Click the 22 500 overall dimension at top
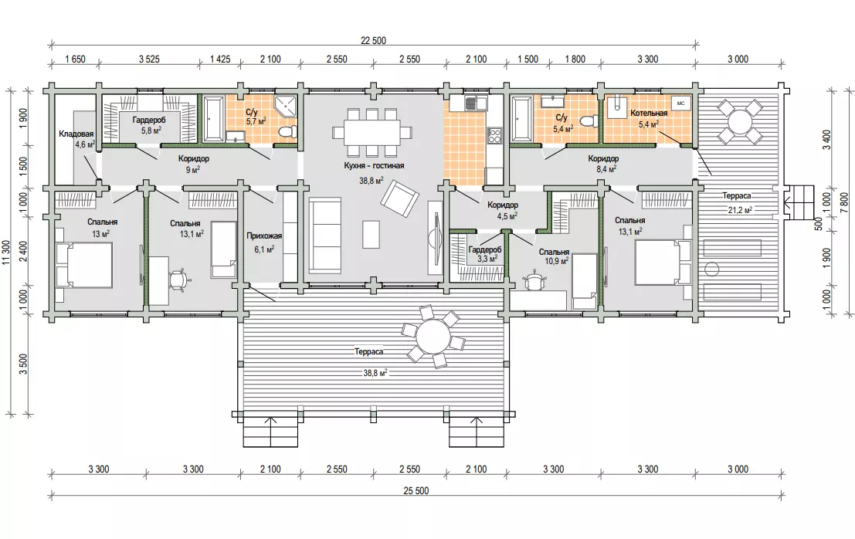pos(373,41)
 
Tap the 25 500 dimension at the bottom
pos(416,490)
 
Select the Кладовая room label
pos(76,134)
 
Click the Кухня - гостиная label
pos(374,166)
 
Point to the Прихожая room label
pos(264,236)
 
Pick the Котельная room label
pos(649,114)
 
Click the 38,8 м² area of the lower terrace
pos(375,373)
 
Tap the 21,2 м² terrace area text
pos(741,210)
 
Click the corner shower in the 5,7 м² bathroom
pos(287,107)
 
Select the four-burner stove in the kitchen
pos(494,134)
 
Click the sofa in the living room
pos(325,236)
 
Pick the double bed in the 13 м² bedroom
pos(84,265)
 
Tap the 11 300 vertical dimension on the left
pos(6,253)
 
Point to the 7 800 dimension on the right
pos(844,201)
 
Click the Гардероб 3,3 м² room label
pos(485,254)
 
